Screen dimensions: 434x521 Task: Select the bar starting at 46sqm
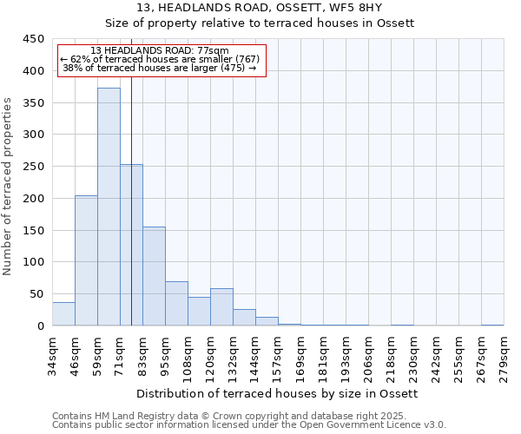[x=86, y=260]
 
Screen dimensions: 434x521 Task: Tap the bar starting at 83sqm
[x=154, y=276]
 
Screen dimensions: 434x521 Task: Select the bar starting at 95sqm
[x=176, y=304]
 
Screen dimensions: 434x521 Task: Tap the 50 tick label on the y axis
[x=36, y=294]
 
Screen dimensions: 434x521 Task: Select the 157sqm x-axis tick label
[x=278, y=353]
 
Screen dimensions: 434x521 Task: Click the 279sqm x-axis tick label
[x=504, y=353]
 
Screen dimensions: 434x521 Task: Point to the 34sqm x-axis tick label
[x=52, y=353]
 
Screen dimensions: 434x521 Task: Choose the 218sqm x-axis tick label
[x=391, y=353]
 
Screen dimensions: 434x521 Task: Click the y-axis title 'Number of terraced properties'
[x=8, y=187]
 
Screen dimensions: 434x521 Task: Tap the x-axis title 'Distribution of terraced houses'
[x=277, y=393]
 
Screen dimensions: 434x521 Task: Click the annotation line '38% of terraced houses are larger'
[x=160, y=68]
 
